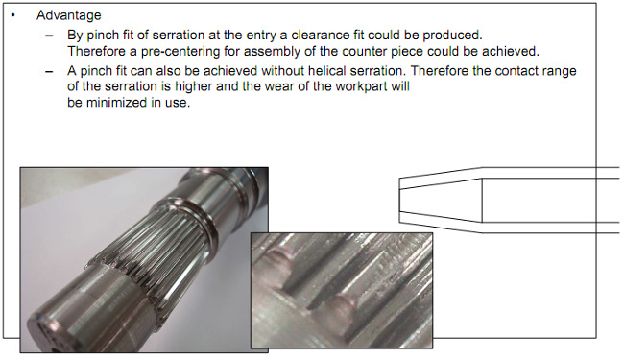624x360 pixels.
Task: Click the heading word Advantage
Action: point(69,16)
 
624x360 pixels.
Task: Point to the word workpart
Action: point(361,86)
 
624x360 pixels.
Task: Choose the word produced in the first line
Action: point(452,35)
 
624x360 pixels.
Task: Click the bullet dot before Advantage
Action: point(13,16)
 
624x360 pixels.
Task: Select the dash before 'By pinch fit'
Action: point(49,36)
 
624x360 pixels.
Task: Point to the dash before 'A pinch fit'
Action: point(49,72)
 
